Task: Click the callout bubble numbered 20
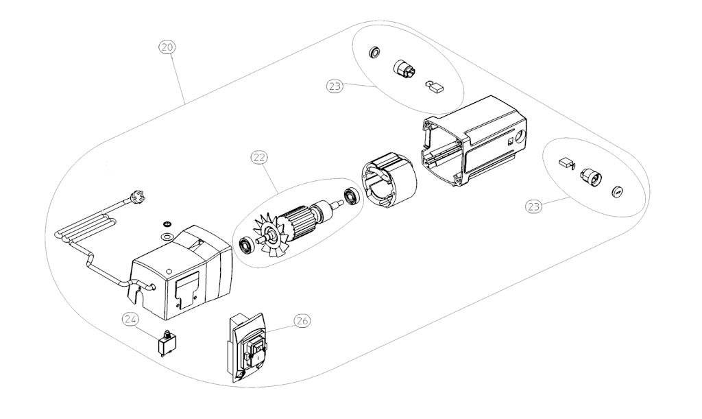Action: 167,47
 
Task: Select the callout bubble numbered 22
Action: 259,158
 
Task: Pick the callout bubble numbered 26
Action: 302,321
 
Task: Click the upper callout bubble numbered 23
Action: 335,86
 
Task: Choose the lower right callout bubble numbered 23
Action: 533,206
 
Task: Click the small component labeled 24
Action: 167,343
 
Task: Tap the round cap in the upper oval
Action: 374,52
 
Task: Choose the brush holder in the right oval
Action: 591,177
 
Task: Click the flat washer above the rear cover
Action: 167,235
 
